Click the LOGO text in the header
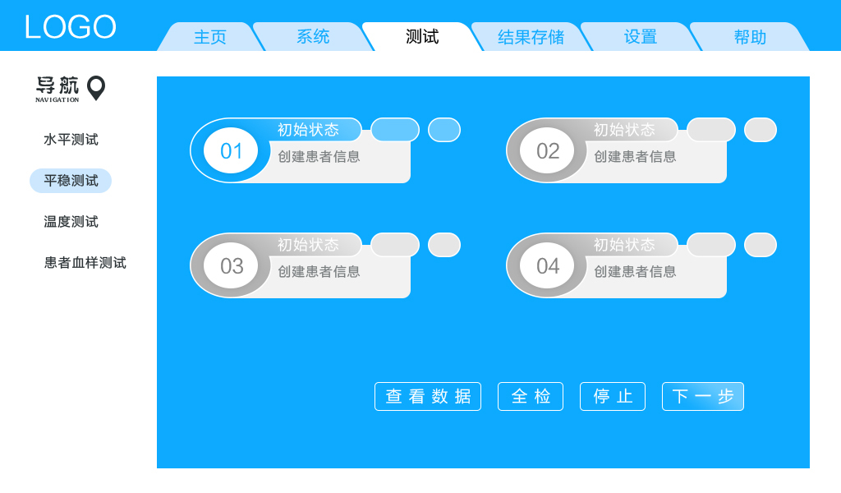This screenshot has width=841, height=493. click(x=70, y=27)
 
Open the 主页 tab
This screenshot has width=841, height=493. click(x=210, y=37)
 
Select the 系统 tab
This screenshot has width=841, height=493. click(x=313, y=37)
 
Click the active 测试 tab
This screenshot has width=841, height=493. click(x=422, y=37)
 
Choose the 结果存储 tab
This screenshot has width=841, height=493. click(x=531, y=37)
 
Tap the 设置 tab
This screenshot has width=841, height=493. click(x=641, y=37)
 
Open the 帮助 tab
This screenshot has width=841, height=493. click(x=750, y=37)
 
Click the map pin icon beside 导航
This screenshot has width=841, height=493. click(x=96, y=87)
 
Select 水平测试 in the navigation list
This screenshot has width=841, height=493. click(x=71, y=140)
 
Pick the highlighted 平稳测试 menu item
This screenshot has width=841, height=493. click(x=71, y=181)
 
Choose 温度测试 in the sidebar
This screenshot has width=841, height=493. click(x=71, y=222)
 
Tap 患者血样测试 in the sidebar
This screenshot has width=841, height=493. click(x=85, y=263)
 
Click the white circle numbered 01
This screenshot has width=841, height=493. click(x=231, y=151)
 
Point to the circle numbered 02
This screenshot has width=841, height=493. click(x=547, y=151)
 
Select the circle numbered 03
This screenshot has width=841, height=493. click(x=231, y=266)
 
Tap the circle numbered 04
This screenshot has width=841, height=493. click(x=547, y=266)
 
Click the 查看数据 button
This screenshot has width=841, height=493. click(x=428, y=396)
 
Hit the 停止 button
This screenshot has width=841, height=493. click(x=613, y=396)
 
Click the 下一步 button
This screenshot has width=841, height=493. click(x=703, y=396)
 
